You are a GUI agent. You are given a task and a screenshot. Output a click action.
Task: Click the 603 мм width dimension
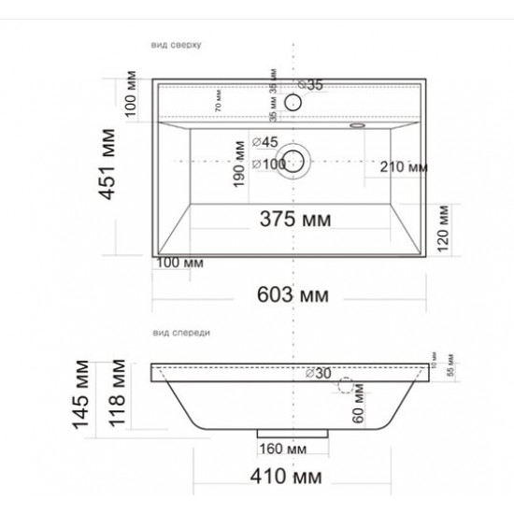(293, 296)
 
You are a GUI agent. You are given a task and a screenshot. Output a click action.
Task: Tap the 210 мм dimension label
(404, 167)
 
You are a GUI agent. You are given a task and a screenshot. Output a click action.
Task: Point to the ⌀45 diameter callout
(265, 142)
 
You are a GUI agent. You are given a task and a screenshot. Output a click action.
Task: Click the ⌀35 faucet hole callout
(311, 85)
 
